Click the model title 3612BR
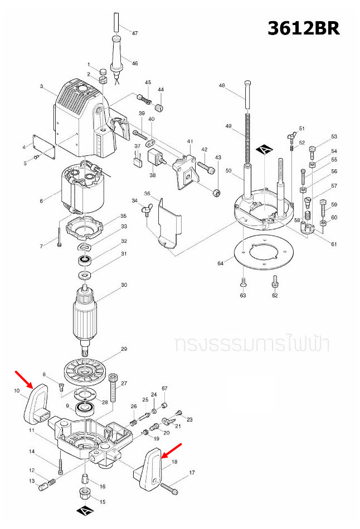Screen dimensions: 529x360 point(303,28)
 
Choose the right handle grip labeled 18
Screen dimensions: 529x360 point(150,471)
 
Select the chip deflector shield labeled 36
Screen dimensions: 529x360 point(169,223)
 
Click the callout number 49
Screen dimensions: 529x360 point(228,126)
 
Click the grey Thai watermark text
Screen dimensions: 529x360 point(251,344)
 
